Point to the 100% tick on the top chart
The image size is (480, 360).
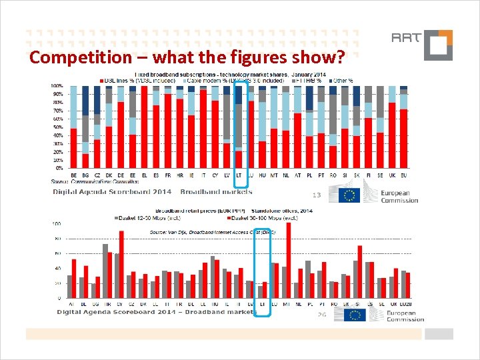click(58, 87)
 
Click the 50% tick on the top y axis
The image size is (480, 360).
click(59, 127)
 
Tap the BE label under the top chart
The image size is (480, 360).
click(73, 175)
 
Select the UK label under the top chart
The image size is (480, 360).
click(391, 175)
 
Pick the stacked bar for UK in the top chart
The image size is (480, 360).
click(392, 127)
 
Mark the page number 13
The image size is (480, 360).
click(317, 195)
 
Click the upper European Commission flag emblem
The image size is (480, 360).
click(349, 195)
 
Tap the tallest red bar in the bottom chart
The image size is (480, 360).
click(288, 260)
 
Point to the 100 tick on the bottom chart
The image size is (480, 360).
click(57, 224)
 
